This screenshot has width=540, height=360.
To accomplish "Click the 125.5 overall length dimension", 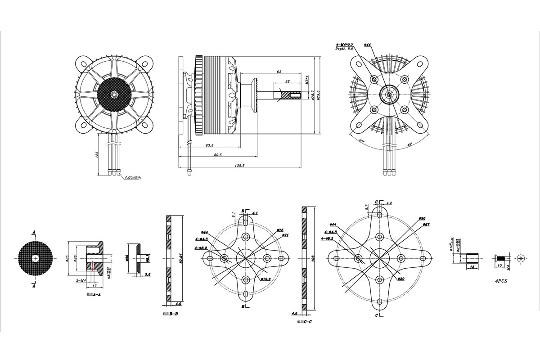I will pyautogui.click(x=239, y=166).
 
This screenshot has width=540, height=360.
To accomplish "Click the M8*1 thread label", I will pyautogui.click(x=306, y=80).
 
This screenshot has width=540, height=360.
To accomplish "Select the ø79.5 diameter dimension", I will pyautogui.click(x=318, y=95).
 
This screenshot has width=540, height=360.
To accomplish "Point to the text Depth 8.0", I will pyautogui.click(x=344, y=49).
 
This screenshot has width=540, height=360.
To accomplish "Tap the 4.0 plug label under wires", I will pyautogui.click(x=132, y=178).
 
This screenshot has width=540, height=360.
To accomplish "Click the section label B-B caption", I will pyautogui.click(x=171, y=314).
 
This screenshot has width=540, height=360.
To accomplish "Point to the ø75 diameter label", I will pyautogui.click(x=280, y=229).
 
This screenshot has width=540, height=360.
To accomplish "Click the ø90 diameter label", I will pyautogui.click(x=422, y=218).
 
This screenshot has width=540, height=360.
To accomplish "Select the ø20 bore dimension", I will pyautogui.click(x=401, y=279).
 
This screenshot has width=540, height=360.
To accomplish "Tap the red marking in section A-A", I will pyautogui.click(x=92, y=266).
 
